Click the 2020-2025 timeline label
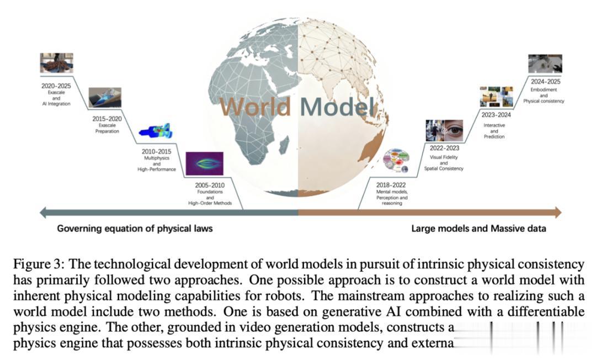[55, 86]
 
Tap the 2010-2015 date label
[156, 151]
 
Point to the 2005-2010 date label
[209, 186]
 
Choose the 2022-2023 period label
[444, 148]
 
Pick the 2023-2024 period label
[496, 115]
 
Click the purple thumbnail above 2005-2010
[204, 163]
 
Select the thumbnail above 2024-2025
[545, 64]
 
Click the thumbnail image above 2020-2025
[56, 63]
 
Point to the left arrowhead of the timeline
[42, 213]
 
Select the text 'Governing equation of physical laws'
[135, 228]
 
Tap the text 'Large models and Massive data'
[478, 228]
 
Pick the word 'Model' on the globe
[338, 107]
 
